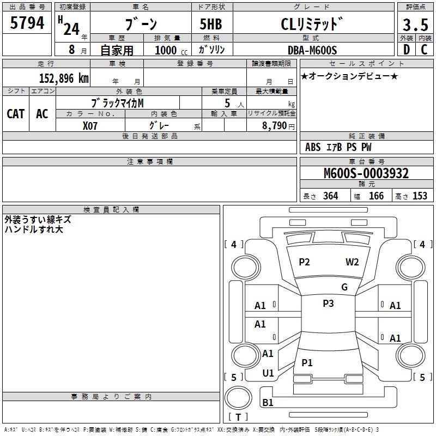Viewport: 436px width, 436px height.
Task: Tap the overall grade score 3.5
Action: click(x=415, y=25)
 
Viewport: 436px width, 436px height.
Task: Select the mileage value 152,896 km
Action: click(x=64, y=78)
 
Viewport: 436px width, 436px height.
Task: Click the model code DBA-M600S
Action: click(x=312, y=50)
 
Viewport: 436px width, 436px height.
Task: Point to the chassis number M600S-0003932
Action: click(x=366, y=174)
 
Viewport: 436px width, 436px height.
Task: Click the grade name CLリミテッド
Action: click(x=312, y=24)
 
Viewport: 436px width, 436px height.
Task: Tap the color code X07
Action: click(x=91, y=125)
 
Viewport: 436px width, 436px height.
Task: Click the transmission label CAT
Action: click(x=16, y=113)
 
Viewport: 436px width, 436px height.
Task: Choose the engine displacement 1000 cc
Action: click(x=170, y=50)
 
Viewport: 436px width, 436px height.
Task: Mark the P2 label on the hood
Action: click(x=304, y=262)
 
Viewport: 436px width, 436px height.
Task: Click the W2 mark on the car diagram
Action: click(x=352, y=262)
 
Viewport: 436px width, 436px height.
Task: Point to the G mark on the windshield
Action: click(x=344, y=287)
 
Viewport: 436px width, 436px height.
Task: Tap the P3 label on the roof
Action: click(x=328, y=304)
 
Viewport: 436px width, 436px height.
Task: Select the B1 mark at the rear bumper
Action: click(x=268, y=403)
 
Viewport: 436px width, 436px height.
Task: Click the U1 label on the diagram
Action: click(x=268, y=373)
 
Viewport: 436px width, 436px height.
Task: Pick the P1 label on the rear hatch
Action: click(x=307, y=362)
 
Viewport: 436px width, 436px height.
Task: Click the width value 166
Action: click(x=376, y=196)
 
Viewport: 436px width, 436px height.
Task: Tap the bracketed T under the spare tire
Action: click(x=238, y=417)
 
